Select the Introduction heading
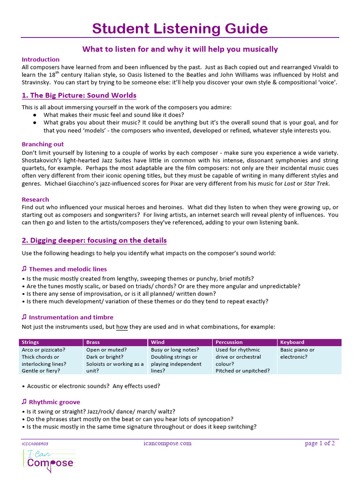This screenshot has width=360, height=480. (x=41, y=60)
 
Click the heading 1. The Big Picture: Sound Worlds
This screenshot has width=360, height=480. (x=79, y=96)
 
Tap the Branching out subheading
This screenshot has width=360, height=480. (x=43, y=144)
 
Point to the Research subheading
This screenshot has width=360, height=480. (x=36, y=200)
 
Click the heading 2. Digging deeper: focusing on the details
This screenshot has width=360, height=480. (x=94, y=240)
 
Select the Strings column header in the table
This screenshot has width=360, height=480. (x=30, y=342)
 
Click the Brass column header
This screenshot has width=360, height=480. (x=93, y=342)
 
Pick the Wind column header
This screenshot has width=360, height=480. (x=158, y=342)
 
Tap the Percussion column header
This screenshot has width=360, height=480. (x=229, y=342)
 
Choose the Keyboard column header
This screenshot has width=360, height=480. (x=292, y=342)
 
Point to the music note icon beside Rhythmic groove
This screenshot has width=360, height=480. (x=24, y=402)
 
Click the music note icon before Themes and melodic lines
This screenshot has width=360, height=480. (x=24, y=269)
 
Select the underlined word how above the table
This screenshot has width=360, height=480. (x=122, y=327)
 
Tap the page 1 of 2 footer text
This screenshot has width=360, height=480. (x=320, y=443)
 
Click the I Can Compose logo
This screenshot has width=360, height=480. (x=49, y=459)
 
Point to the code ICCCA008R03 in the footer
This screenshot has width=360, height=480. (x=35, y=443)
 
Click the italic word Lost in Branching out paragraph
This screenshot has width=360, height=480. (x=290, y=183)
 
